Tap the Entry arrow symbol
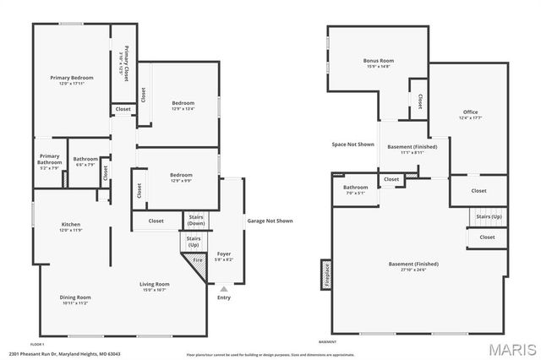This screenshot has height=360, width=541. (224, 289)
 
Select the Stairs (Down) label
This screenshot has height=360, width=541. (195, 220)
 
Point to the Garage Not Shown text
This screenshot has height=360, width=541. (270, 221)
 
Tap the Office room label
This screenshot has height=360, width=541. (470, 114)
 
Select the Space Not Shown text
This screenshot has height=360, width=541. (352, 145)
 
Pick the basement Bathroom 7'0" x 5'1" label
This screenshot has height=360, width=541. (355, 189)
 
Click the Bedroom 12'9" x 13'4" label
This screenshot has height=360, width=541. (183, 105)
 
